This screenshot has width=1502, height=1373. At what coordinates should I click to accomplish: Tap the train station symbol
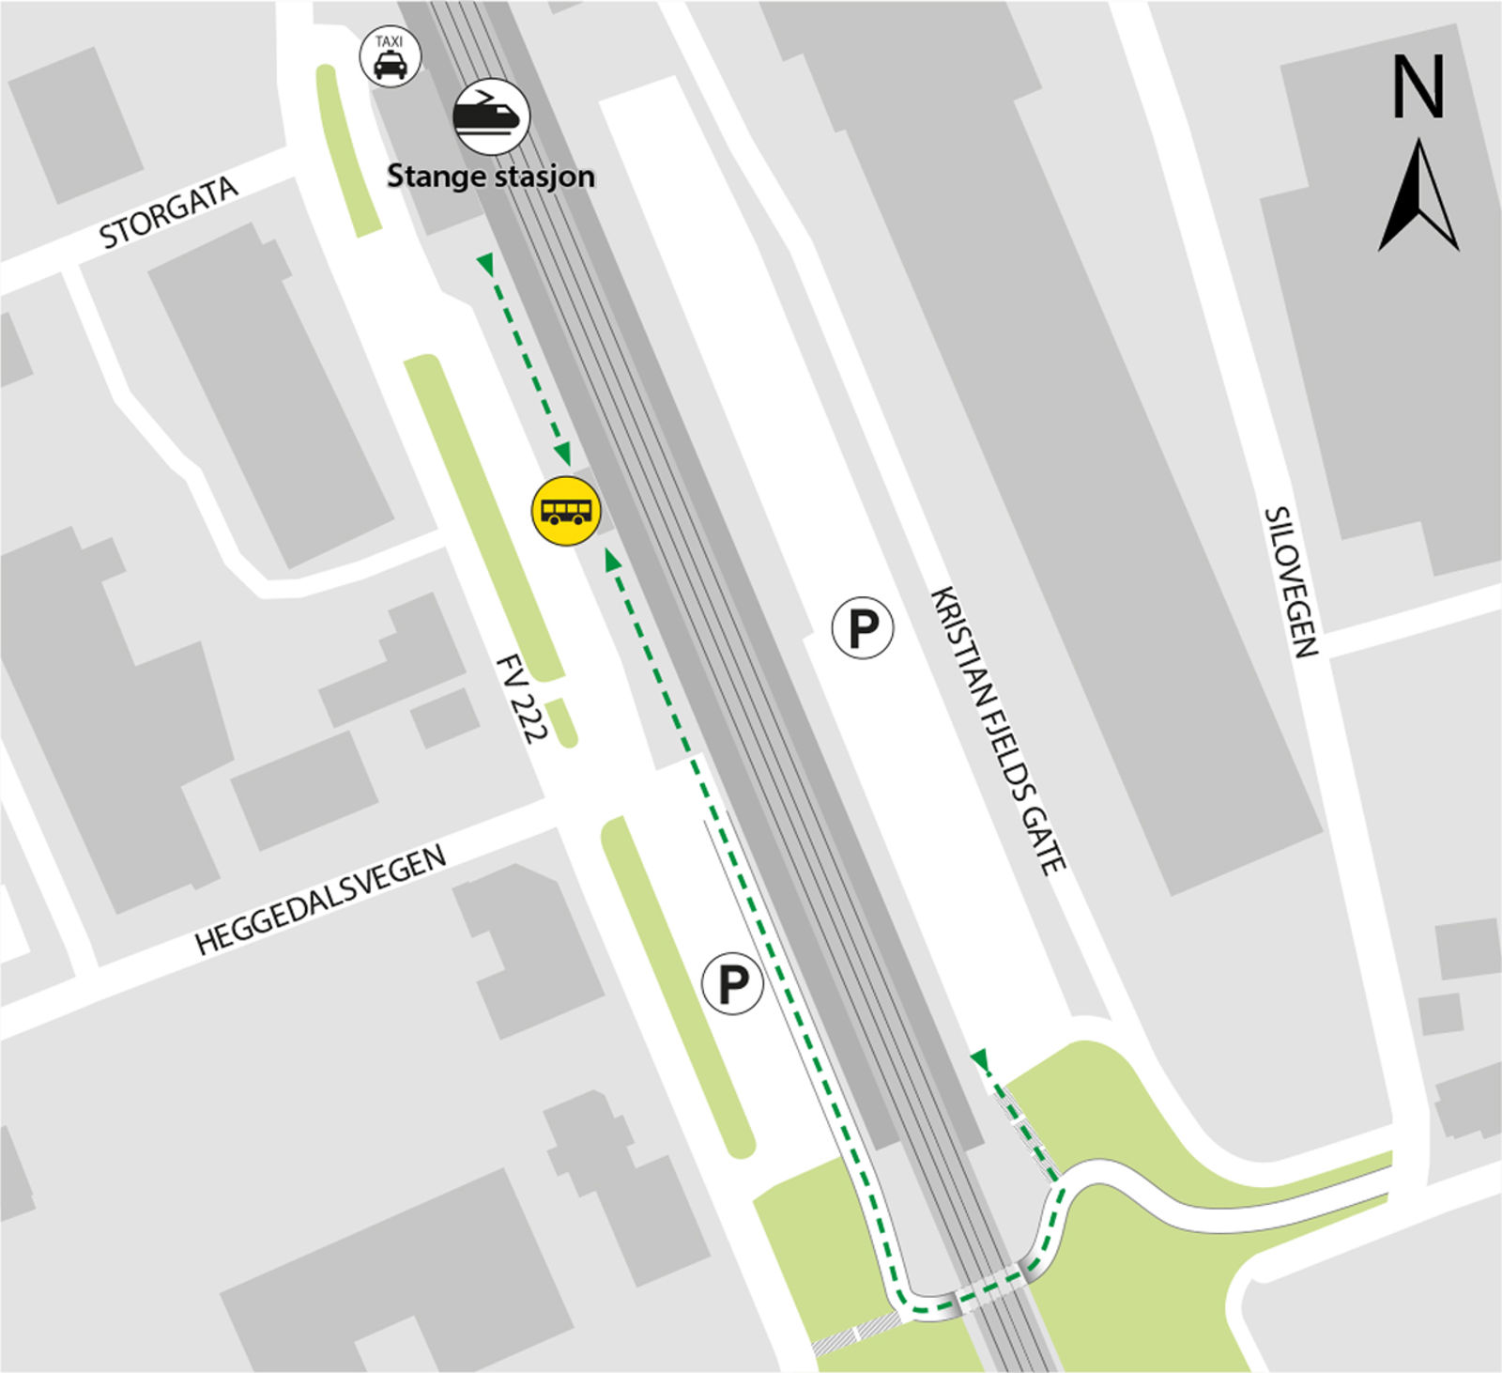491,116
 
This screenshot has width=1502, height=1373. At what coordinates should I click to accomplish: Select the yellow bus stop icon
566,511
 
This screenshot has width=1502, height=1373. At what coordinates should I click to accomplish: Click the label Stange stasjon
491,176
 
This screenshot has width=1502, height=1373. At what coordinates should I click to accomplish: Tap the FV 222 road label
520,699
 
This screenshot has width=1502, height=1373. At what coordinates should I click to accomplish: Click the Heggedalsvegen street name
320,901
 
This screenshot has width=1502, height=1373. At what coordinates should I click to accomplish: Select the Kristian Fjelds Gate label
998,731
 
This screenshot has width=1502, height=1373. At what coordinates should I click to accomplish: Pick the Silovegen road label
1291,582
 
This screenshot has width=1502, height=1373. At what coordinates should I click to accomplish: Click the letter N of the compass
1418,87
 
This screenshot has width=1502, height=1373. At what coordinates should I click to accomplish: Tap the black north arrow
1418,198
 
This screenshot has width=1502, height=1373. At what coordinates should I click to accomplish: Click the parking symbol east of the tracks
862,627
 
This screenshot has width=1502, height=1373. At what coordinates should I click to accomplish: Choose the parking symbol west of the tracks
731,984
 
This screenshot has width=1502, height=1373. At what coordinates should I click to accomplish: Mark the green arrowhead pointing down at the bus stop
563,455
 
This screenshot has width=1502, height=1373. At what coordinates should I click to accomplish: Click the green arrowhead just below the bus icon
612,561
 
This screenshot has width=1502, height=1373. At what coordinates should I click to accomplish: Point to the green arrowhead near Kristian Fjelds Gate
980,1060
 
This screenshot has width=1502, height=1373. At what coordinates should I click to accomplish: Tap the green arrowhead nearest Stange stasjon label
485,264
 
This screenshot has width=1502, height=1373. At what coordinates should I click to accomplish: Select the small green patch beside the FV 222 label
563,722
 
